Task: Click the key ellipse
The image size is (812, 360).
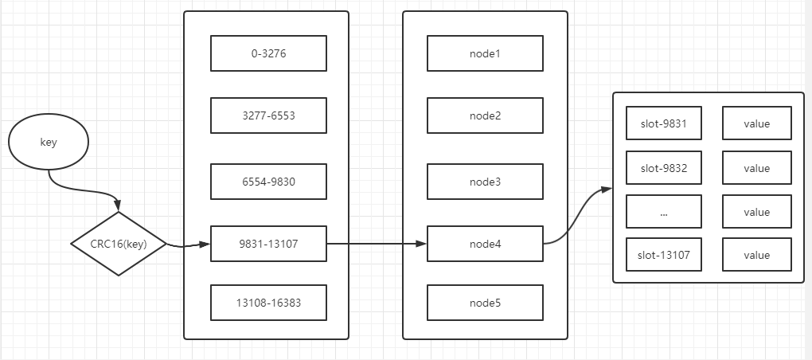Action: (49, 143)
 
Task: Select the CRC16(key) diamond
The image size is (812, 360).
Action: (119, 244)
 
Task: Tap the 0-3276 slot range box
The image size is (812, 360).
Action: (269, 53)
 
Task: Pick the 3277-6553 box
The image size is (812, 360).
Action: (269, 115)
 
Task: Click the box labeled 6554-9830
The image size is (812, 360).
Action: (269, 181)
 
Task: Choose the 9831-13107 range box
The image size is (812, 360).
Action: (269, 244)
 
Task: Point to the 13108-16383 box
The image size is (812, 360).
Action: (269, 303)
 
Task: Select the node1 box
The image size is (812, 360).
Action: (485, 53)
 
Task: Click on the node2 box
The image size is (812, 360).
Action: (485, 115)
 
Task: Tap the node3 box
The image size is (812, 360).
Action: (485, 181)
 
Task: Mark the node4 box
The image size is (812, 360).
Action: (485, 244)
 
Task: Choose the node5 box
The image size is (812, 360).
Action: (485, 303)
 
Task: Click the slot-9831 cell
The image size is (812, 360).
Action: (664, 123)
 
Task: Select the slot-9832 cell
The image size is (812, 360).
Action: (664, 167)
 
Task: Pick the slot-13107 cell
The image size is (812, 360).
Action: (664, 255)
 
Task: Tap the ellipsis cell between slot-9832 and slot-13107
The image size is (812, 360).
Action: (664, 212)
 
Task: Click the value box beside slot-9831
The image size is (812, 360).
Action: (756, 123)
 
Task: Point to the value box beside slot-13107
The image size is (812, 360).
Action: (756, 255)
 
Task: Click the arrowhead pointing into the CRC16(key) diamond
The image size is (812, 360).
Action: (118, 206)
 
